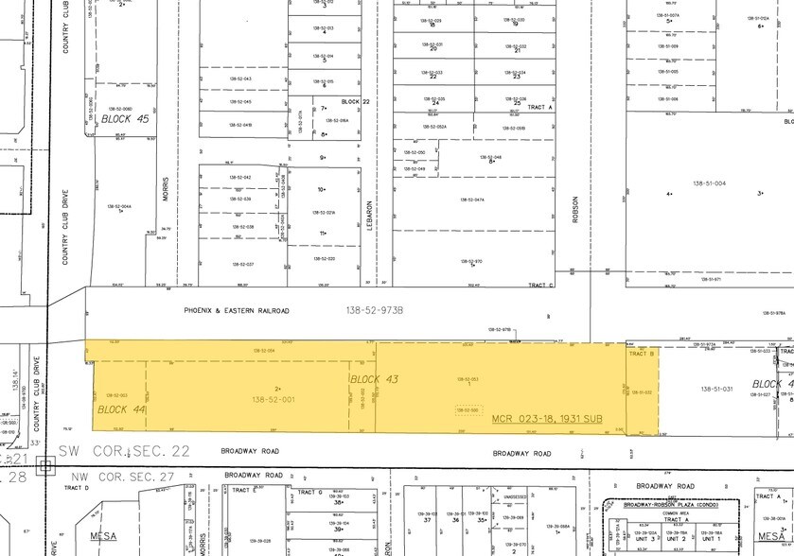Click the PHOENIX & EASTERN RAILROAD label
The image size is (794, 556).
(237, 310)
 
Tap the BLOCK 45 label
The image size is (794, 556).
(120, 119)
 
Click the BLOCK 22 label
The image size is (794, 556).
(353, 101)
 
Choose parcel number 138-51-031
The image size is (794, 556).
(717, 388)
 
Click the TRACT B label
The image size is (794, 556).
(641, 353)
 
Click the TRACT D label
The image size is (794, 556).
(76, 488)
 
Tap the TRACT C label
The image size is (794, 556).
(540, 285)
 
